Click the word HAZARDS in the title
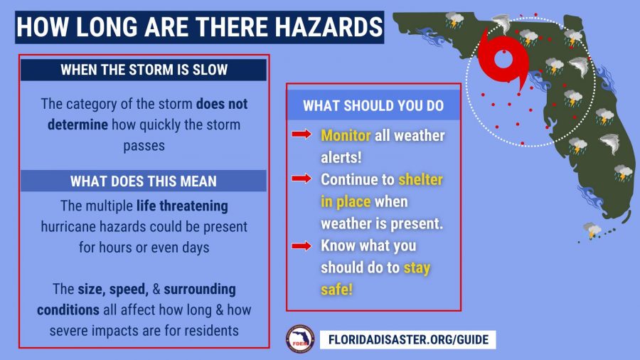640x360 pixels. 328,27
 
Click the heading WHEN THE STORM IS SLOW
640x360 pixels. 144,70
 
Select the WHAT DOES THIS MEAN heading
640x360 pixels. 143,181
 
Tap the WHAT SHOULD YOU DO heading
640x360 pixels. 373,106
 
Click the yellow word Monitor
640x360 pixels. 346,135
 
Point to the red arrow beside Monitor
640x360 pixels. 302,134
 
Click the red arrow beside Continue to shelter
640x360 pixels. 302,178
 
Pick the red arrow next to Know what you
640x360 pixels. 302,245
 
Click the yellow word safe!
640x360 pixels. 336,290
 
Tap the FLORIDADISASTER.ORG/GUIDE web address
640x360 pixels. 408,339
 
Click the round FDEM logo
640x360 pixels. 300,339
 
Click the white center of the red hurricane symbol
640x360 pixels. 503,59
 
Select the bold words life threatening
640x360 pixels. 182,206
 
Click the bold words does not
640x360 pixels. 222,104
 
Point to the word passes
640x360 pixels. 144,146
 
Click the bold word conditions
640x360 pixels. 68,309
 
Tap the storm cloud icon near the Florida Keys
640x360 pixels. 592,230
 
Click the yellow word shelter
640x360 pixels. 420,179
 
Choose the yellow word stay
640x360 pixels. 417,268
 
